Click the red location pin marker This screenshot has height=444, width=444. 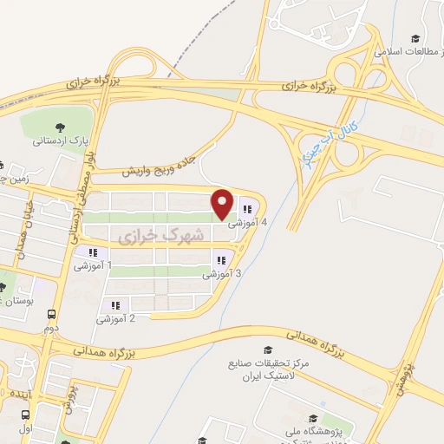pos(223,203)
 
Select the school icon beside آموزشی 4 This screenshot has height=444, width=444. pos(249,208)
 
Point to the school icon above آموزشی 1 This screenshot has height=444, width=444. pos(92,252)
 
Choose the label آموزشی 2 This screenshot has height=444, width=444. pos(121,319)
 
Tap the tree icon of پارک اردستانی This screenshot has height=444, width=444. pos(59,126)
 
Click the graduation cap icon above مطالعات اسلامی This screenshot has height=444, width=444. pos(415,39)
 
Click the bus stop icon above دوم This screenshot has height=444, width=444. pos(53,315)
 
